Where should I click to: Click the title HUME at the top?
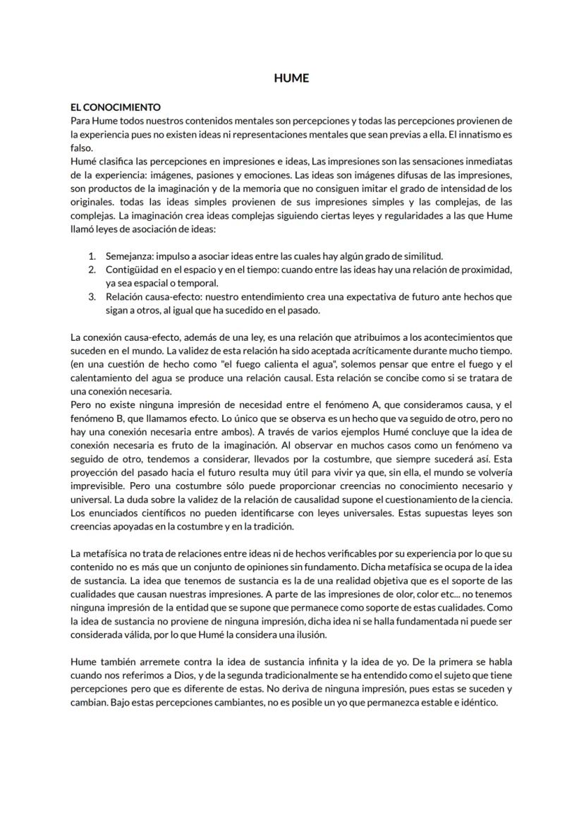(x=291, y=78)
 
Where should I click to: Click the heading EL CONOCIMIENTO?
(x=116, y=107)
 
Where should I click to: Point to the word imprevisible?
(x=99, y=486)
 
